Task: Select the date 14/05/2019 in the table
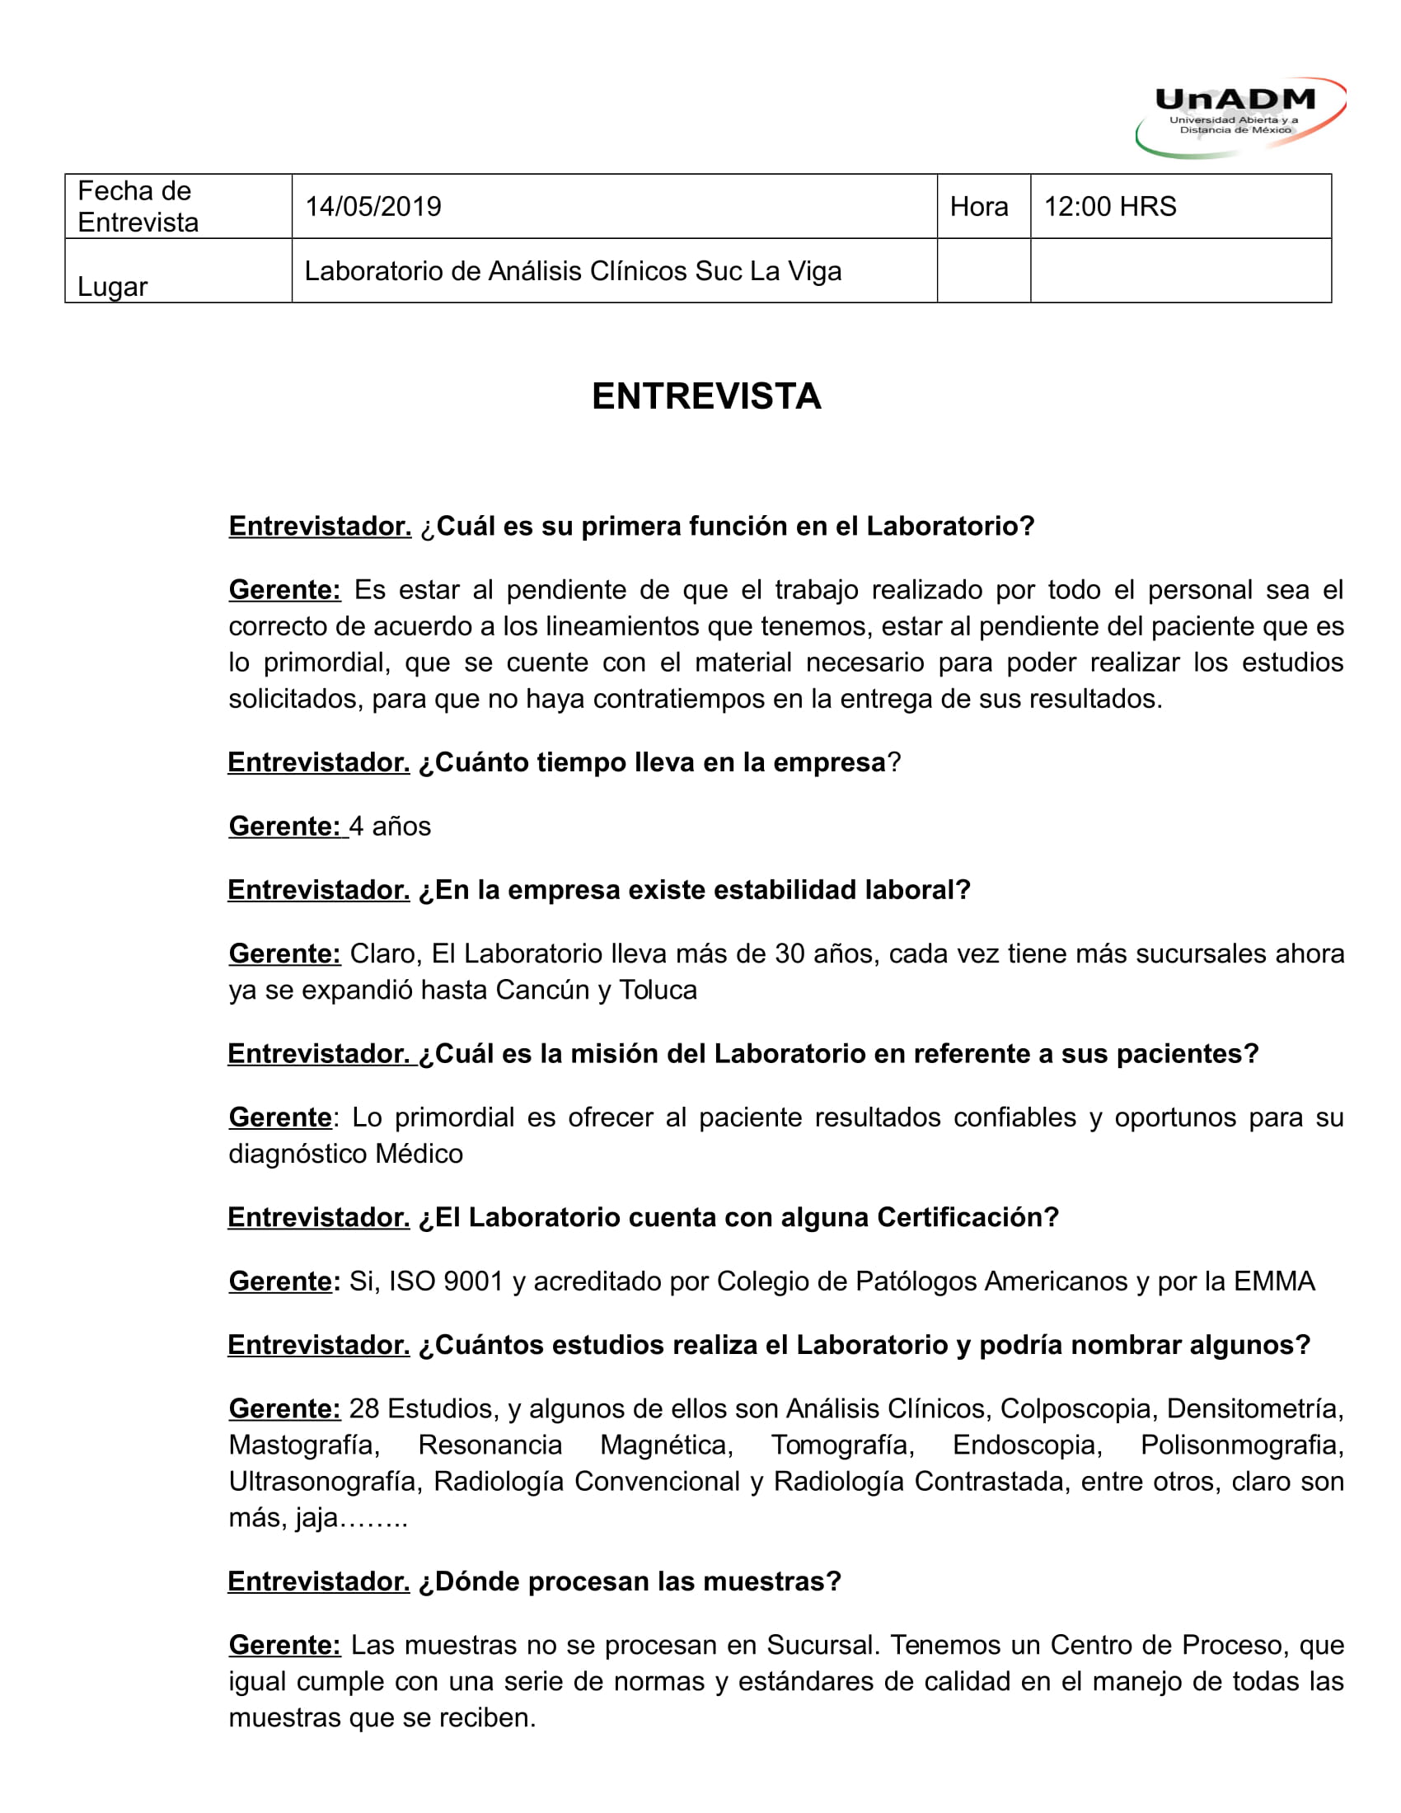point(373,207)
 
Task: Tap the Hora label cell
point(978,207)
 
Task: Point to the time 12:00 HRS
point(1110,207)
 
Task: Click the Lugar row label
point(112,288)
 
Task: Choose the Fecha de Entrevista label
point(138,207)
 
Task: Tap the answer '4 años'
point(390,826)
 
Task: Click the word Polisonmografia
point(1240,1445)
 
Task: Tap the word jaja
point(316,1517)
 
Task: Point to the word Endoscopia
point(1027,1445)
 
